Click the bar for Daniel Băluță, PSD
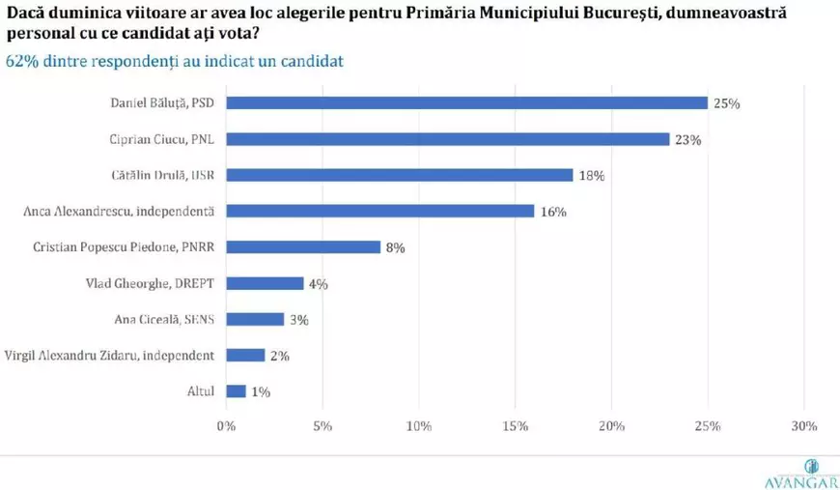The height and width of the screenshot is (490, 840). tap(467, 103)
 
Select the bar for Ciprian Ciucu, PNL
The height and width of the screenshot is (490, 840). tap(448, 139)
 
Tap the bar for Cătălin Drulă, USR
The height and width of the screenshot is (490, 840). tap(400, 175)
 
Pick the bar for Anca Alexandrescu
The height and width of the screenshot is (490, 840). tap(380, 211)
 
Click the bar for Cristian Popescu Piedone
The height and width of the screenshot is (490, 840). tap(303, 246)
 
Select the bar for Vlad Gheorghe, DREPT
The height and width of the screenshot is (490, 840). tap(265, 283)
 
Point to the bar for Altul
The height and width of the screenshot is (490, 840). tap(236, 391)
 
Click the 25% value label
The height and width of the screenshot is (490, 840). tap(727, 103)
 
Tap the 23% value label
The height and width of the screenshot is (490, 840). tap(688, 139)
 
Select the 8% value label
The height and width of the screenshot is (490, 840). tap(395, 247)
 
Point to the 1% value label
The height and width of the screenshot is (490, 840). tap(261, 391)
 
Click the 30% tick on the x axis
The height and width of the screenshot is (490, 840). tap(803, 425)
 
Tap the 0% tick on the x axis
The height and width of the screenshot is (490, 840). tap(226, 425)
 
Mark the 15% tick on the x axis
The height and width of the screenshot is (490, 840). tap(515, 425)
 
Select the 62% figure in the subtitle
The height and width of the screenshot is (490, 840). tap(21, 61)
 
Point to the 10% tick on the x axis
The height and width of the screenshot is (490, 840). tap(418, 425)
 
